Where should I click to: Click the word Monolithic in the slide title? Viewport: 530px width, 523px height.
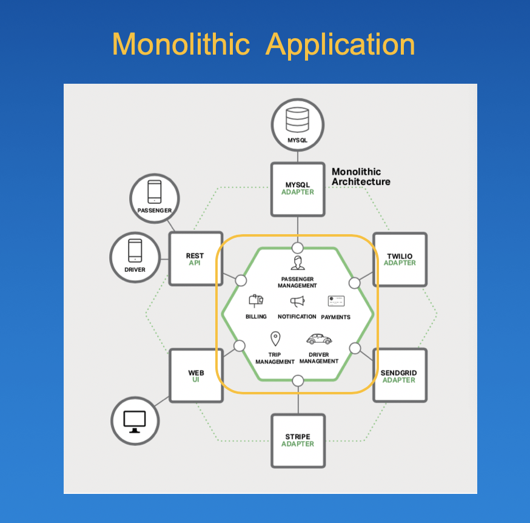[x=180, y=45]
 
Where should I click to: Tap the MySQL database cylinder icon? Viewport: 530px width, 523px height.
[x=297, y=119]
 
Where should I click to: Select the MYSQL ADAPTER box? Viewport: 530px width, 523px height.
[x=297, y=188]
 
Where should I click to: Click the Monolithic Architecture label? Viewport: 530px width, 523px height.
[x=361, y=177]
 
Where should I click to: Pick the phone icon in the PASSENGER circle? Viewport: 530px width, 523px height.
[x=155, y=192]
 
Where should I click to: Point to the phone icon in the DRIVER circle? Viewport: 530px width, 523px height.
[x=135, y=251]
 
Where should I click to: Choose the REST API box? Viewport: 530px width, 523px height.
[x=195, y=259]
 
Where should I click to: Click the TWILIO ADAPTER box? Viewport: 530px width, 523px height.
[x=400, y=259]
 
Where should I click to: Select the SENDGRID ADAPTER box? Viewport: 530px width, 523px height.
[x=398, y=376]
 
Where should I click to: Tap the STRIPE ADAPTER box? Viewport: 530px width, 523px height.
[x=297, y=440]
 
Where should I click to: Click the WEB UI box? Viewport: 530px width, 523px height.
[x=195, y=376]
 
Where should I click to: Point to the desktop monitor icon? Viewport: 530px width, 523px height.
[x=135, y=420]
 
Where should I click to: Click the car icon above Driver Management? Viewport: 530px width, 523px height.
[x=318, y=339]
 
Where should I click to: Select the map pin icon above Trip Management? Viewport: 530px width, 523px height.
[x=275, y=339]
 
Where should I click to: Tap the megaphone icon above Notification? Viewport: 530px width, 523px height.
[x=297, y=302]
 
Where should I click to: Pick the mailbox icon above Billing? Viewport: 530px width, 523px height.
[x=255, y=301]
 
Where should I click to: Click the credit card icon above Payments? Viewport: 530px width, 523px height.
[x=336, y=301]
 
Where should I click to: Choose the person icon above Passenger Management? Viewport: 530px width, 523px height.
[x=297, y=263]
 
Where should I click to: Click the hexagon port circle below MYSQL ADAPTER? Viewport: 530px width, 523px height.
[x=297, y=248]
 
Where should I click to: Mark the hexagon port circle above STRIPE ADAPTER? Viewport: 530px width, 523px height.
[x=297, y=380]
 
